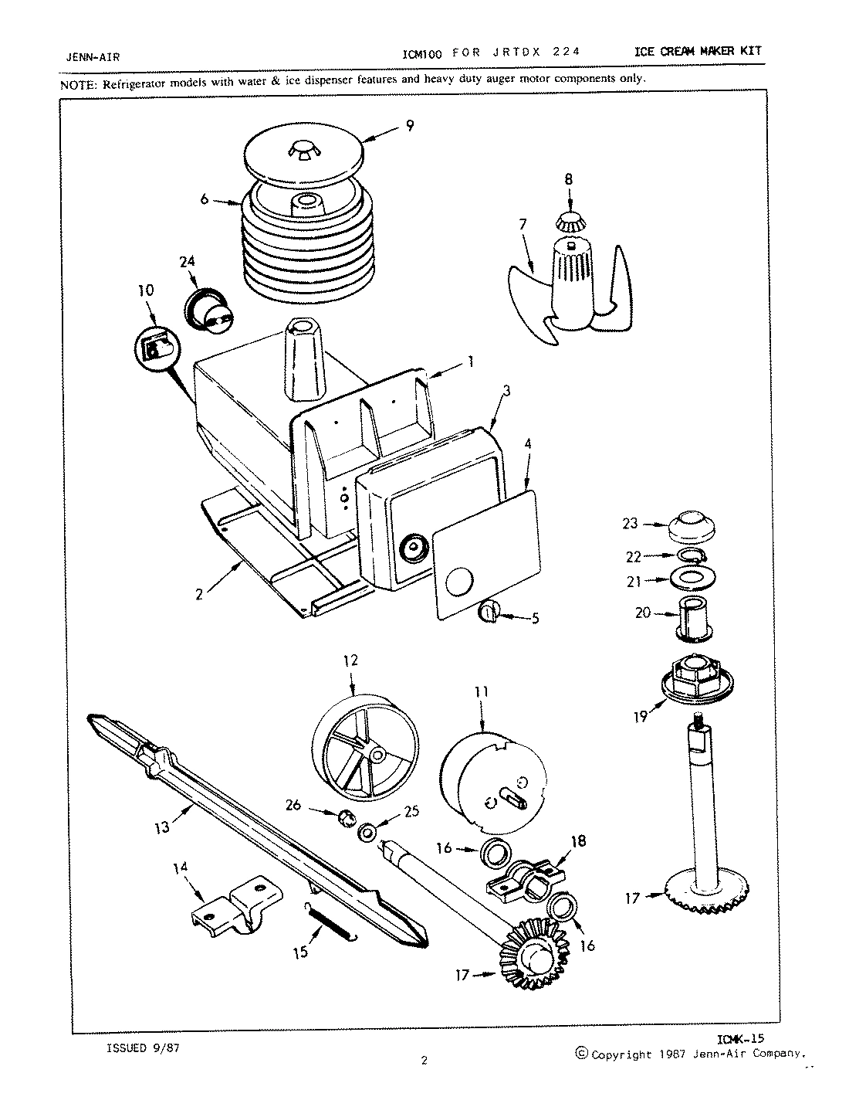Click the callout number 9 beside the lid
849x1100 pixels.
[x=409, y=125]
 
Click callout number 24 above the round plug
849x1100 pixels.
[x=186, y=260]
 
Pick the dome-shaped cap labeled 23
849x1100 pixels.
[x=692, y=527]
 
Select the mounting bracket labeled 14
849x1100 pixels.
[x=233, y=902]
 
